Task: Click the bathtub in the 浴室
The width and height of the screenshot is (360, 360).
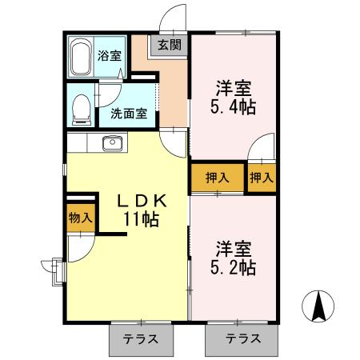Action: coord(81,58)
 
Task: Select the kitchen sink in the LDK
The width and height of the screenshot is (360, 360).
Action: coord(112,144)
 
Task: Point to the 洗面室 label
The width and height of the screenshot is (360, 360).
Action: coord(128,114)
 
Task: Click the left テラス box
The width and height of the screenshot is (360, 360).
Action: coord(139,338)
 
